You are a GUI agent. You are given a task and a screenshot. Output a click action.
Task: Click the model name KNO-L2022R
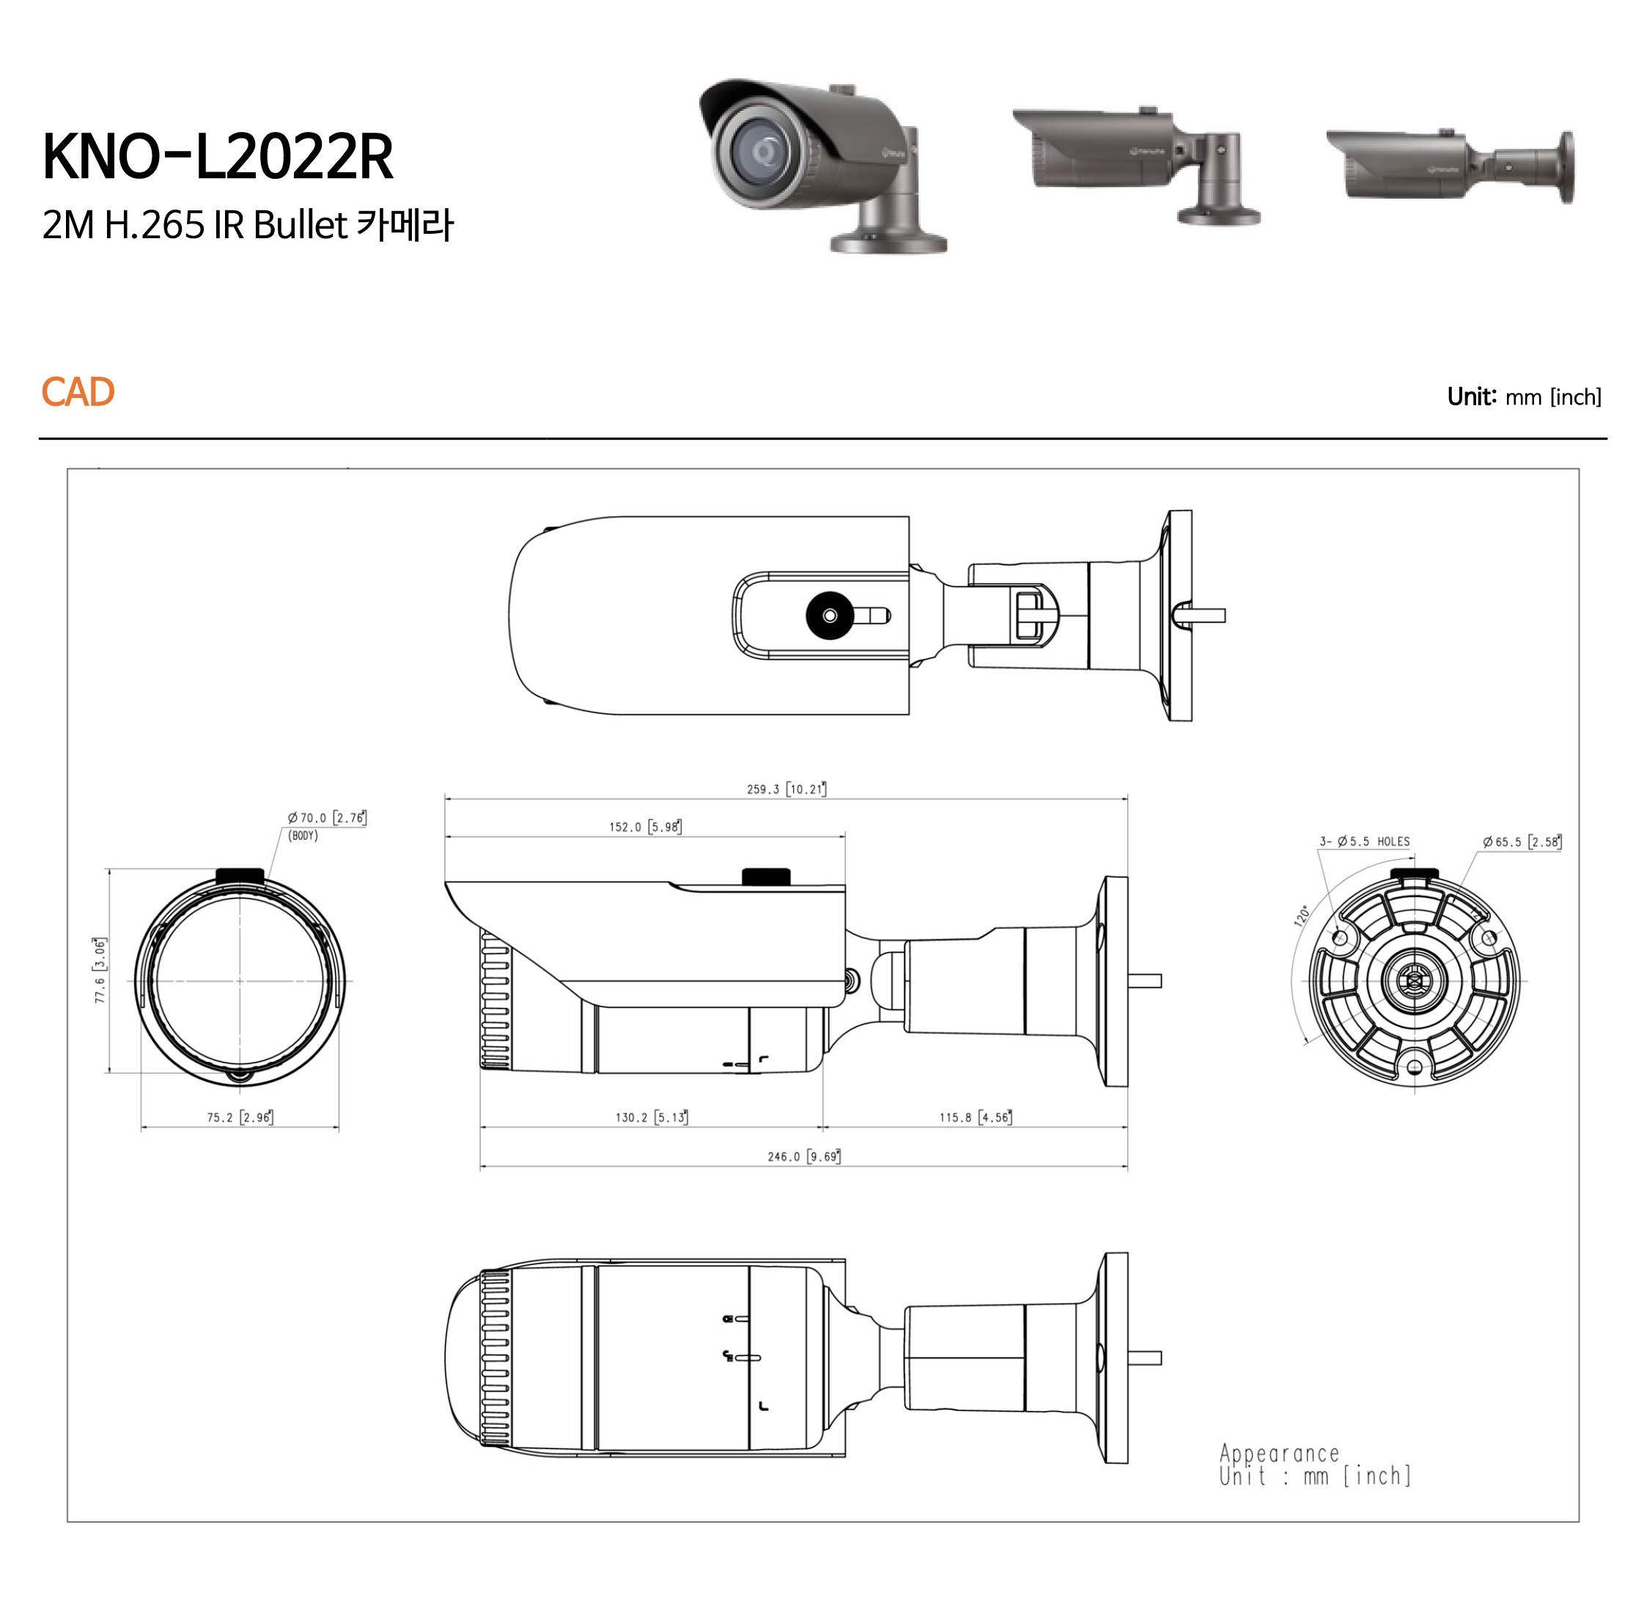click(218, 157)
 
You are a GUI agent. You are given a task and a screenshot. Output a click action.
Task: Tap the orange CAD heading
click(78, 392)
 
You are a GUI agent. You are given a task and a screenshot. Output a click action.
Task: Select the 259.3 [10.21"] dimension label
click(786, 789)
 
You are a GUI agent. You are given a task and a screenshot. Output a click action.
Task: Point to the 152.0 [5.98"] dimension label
click(646, 827)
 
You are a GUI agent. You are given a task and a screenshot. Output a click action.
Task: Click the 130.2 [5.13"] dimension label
click(652, 1117)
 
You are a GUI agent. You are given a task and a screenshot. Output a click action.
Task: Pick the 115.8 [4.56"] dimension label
click(976, 1117)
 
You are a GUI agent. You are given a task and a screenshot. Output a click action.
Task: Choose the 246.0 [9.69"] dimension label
click(804, 1156)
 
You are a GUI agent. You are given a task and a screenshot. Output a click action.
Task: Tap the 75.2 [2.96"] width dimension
click(240, 1117)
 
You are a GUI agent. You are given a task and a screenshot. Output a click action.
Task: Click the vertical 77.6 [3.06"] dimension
click(100, 970)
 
